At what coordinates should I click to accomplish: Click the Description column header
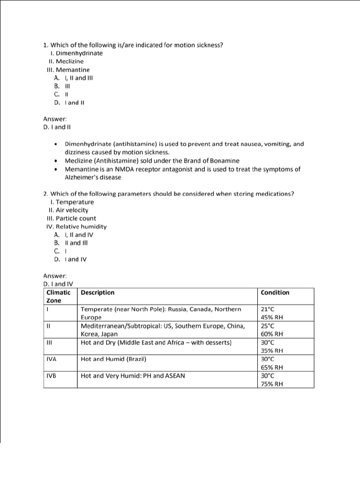click(x=97, y=292)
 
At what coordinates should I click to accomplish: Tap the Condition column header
click(x=275, y=292)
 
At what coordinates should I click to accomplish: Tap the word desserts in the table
click(x=217, y=343)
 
